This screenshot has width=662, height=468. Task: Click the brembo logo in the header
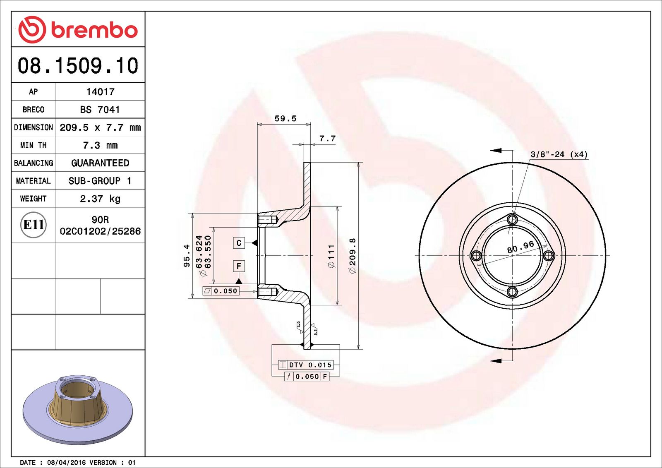point(78,30)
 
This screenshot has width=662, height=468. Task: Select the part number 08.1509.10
point(78,66)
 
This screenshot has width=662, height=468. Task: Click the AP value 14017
point(100,92)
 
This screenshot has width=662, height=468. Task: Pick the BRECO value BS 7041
point(100,110)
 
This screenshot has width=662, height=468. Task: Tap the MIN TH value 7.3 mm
point(100,145)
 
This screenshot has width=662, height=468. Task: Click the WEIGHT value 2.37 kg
point(100,199)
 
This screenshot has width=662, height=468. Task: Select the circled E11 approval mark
point(34,225)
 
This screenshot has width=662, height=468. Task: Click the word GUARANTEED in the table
point(100,163)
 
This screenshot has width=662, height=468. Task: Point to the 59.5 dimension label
point(285,119)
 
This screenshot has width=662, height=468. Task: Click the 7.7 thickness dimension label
point(327,139)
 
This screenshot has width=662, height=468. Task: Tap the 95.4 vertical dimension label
point(187,255)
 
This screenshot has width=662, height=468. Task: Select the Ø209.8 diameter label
point(353,255)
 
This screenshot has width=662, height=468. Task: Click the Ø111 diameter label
point(331,256)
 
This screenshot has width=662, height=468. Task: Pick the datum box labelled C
point(239,243)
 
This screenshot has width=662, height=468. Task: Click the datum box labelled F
point(239,266)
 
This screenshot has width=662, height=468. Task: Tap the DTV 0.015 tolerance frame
point(306,365)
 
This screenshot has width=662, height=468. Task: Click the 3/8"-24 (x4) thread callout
point(559,154)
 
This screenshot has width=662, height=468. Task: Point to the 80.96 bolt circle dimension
point(520,247)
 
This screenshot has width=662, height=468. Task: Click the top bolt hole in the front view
point(512,219)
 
